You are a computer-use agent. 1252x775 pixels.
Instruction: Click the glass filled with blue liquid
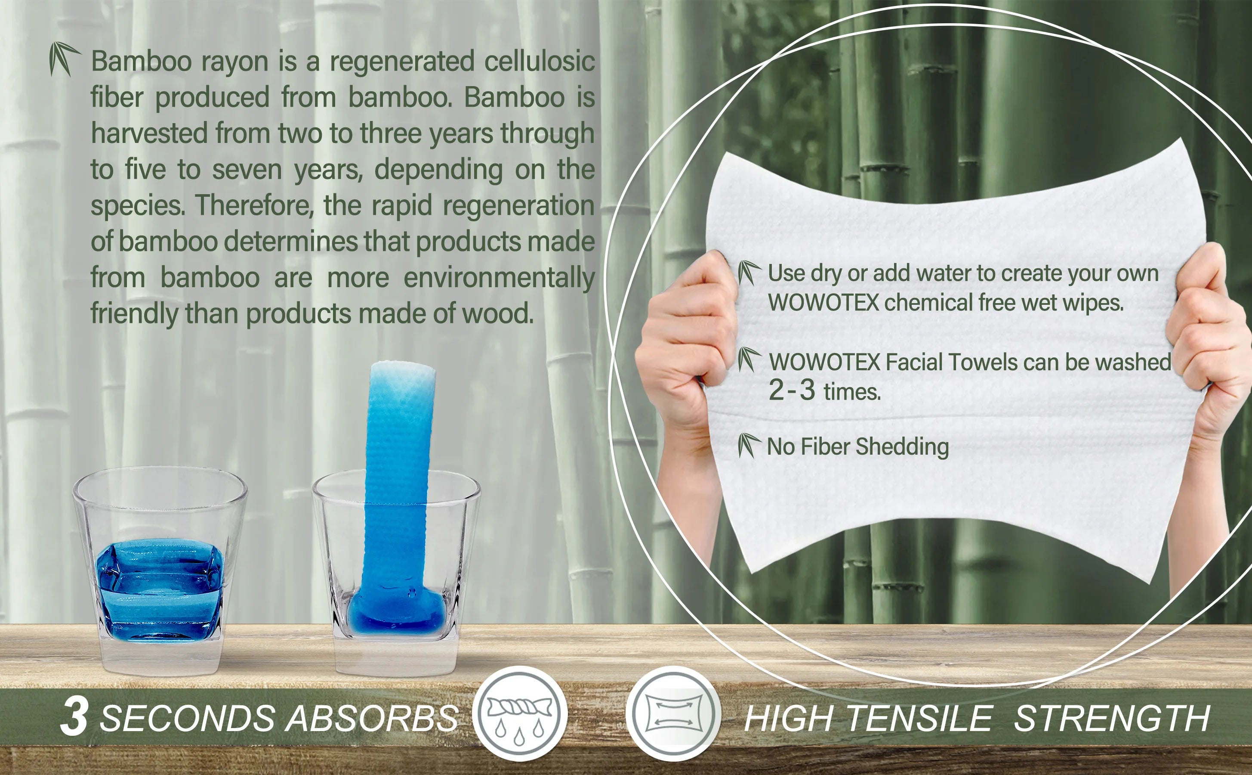click(160, 571)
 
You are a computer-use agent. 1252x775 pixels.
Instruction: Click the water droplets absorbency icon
click(520, 713)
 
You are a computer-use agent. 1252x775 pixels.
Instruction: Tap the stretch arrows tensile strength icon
click(673, 713)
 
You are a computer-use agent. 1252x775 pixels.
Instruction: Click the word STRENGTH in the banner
click(1112, 718)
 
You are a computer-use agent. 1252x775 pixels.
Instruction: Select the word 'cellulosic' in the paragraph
click(539, 61)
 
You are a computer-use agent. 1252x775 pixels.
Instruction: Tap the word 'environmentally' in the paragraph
click(499, 278)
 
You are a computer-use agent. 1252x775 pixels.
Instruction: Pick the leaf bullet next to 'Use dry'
click(749, 272)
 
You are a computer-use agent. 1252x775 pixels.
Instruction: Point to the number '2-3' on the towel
click(791, 390)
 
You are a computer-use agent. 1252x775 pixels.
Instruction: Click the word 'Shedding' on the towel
click(902, 447)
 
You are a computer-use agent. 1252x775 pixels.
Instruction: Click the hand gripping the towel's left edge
click(686, 349)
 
